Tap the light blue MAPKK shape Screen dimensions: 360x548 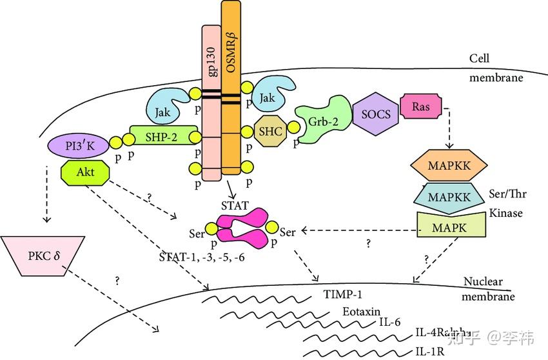coord(449,195)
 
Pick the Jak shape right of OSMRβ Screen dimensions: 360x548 coord(272,97)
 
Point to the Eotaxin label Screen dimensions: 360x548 coord(358,311)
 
